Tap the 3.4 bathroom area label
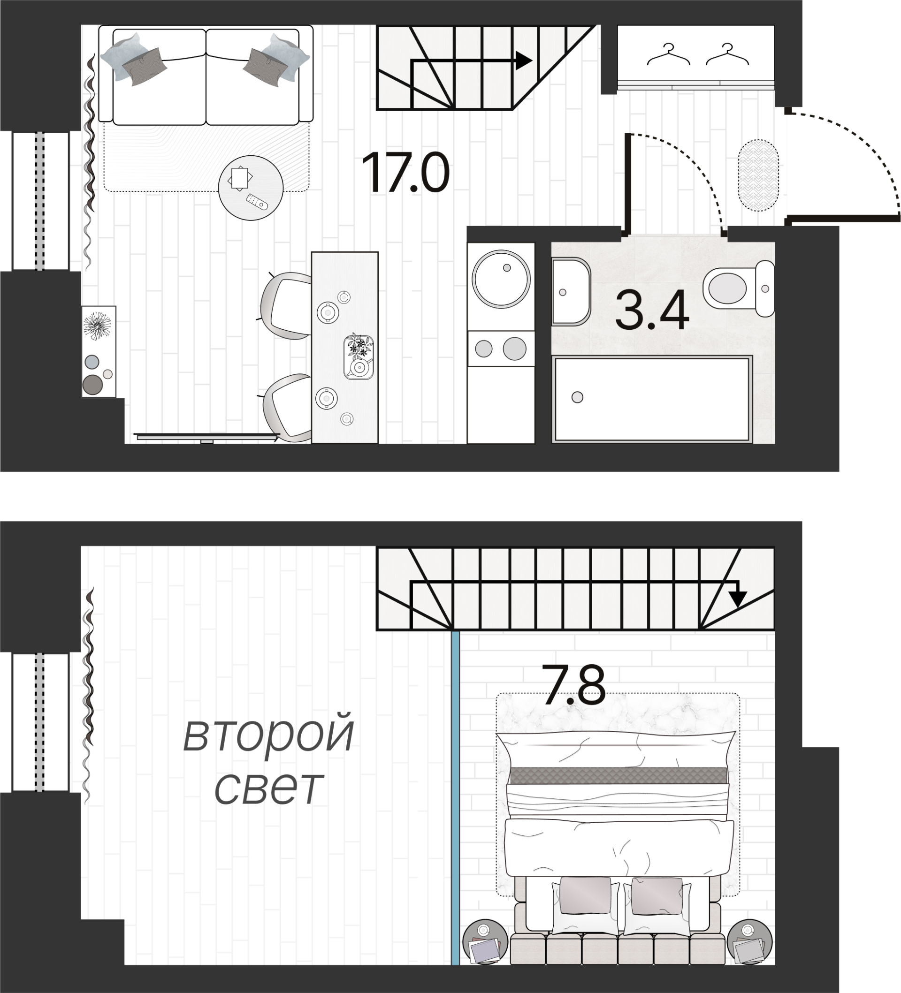652,311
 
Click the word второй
268,735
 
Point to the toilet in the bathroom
738,288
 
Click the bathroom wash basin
570,292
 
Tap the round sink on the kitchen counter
501,279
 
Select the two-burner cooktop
500,349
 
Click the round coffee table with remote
251,188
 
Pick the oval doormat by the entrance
758,175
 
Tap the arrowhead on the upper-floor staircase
737,599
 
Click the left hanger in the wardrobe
668,55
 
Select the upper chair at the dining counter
286,305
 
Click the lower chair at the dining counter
287,407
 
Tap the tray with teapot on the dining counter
359,357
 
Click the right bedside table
749,942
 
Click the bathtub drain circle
577,397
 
